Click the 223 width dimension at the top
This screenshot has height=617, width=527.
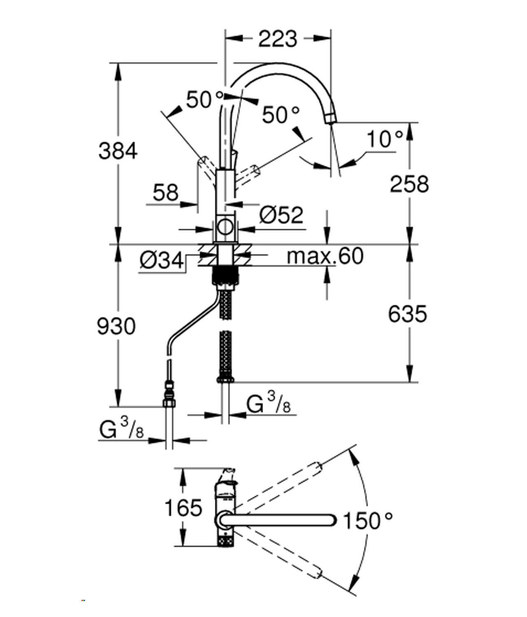click(x=277, y=39)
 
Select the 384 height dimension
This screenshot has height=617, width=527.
click(x=118, y=151)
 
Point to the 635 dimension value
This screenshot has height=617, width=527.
click(x=408, y=314)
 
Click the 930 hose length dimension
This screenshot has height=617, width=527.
click(x=116, y=326)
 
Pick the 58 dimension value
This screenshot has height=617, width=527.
click(x=166, y=193)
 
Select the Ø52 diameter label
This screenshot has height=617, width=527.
click(x=281, y=215)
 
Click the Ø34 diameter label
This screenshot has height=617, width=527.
click(x=161, y=260)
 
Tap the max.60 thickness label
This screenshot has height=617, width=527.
click(x=325, y=256)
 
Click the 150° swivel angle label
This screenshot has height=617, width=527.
click(x=367, y=521)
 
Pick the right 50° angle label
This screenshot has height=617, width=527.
click(x=281, y=114)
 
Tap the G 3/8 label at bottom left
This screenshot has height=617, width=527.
click(x=121, y=428)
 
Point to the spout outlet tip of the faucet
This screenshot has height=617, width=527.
click(x=330, y=118)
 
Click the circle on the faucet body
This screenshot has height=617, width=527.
click(x=225, y=227)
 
